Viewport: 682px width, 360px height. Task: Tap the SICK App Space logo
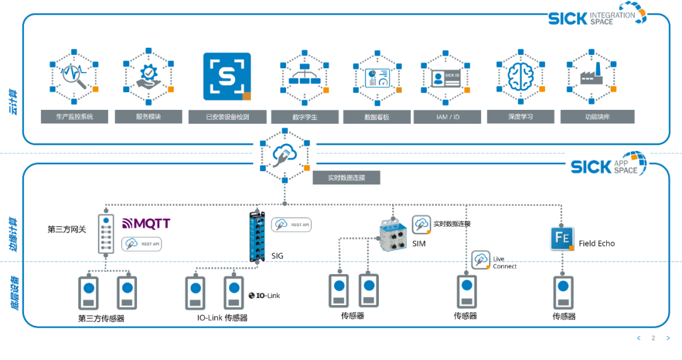(607, 165)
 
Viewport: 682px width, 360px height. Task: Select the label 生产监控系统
(75, 117)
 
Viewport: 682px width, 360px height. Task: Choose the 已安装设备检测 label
(227, 117)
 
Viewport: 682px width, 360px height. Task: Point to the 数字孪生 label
(305, 117)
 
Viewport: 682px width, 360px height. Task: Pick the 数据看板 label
(377, 117)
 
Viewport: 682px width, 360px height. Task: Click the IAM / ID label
(447, 117)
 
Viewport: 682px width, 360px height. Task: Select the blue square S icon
(227, 76)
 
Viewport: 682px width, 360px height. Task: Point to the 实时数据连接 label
(347, 177)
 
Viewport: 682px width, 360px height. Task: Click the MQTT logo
(146, 224)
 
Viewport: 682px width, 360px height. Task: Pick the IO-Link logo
(264, 295)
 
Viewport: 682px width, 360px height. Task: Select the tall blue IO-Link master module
(256, 234)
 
